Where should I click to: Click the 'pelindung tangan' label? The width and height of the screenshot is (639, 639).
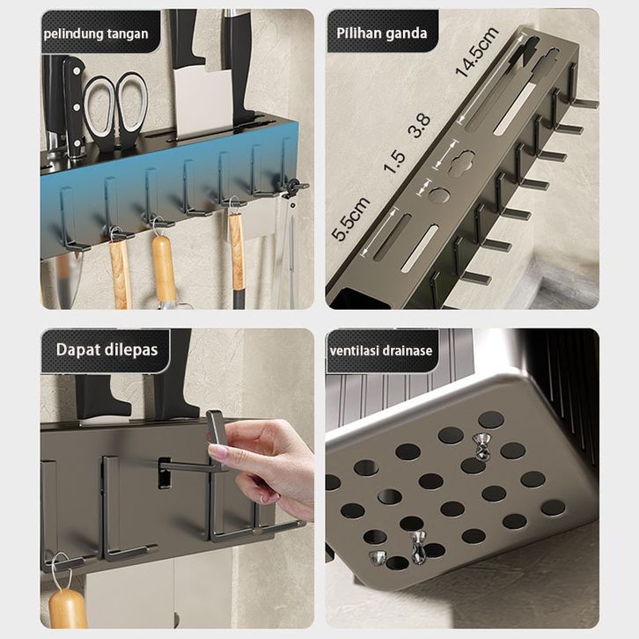[96, 33]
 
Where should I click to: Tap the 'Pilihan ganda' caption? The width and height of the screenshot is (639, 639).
[382, 33]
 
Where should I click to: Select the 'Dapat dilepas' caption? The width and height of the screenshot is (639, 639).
[106, 349]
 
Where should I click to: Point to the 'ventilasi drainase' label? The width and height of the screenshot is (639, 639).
[381, 350]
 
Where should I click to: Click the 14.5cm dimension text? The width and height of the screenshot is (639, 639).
[477, 52]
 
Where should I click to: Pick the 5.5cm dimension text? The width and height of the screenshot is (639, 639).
[350, 219]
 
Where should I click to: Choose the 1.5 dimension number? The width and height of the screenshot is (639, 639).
[394, 161]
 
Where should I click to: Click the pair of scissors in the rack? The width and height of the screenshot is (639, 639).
[115, 111]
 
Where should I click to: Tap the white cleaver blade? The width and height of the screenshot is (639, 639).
[203, 102]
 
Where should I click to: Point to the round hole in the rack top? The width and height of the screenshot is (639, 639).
[438, 195]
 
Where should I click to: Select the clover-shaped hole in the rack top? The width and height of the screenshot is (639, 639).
[461, 163]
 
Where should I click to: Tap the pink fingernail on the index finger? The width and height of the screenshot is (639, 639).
[216, 452]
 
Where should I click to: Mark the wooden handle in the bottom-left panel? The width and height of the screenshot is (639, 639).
[68, 608]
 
